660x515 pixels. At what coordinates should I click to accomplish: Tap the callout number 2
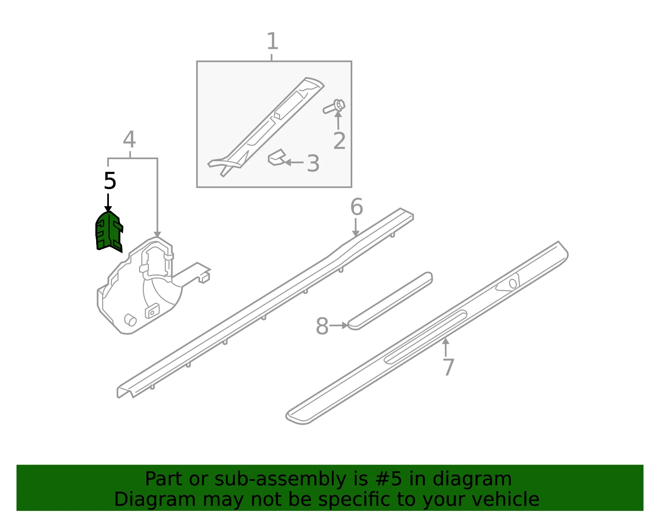tap(339, 141)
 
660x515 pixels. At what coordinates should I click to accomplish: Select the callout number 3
tap(313, 163)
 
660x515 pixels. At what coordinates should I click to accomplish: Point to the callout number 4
tap(130, 139)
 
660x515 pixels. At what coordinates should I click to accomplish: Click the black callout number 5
tap(110, 181)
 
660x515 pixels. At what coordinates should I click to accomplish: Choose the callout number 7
tap(449, 367)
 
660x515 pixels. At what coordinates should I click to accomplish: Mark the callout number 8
tap(322, 326)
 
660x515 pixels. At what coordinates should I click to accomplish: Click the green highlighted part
tap(109, 232)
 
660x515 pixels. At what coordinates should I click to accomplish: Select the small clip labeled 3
tap(276, 157)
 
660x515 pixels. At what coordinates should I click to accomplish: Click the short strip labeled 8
tap(390, 301)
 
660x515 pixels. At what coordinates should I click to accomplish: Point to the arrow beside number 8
tap(339, 326)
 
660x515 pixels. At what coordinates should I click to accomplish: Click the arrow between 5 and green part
tap(108, 203)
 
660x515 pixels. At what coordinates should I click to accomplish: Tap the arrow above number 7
tap(445, 348)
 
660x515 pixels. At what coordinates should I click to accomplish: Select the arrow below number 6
tap(356, 227)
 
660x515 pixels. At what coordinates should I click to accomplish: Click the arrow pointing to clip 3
tap(294, 162)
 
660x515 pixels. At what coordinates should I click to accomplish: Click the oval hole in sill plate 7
tap(513, 284)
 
